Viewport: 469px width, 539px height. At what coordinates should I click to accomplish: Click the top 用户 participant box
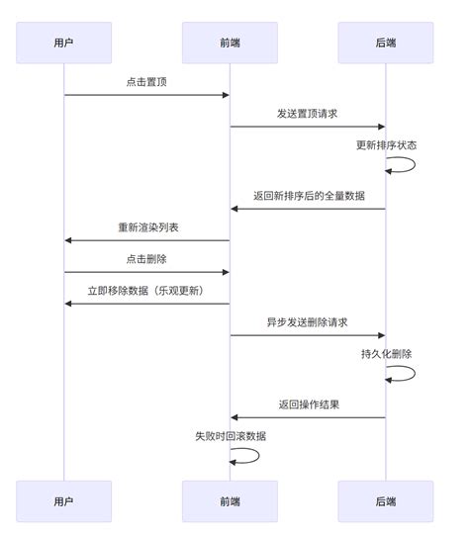tap(64, 43)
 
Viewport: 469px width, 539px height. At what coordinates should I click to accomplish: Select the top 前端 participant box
tap(230, 43)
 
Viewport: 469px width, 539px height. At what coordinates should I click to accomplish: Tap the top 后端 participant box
tap(386, 43)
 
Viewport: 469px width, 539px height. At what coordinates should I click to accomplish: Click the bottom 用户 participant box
tap(64, 501)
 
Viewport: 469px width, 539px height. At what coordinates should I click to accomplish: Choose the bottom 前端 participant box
tap(230, 501)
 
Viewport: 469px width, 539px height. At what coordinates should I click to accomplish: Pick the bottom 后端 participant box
tap(386, 501)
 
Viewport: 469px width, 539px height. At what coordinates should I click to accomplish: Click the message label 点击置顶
tap(146, 82)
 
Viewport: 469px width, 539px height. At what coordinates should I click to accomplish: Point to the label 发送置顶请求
tap(307, 114)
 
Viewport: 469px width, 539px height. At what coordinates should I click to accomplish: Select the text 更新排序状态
tap(386, 145)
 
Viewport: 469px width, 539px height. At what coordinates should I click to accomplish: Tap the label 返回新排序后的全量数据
tap(307, 196)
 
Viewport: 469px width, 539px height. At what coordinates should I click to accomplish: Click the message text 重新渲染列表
tap(146, 227)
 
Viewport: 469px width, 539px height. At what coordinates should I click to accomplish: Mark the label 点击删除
tap(146, 259)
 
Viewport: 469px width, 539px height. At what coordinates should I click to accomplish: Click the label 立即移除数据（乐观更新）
tap(146, 291)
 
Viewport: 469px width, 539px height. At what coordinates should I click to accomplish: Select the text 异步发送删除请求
tap(307, 322)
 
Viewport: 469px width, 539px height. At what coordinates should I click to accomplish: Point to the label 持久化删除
tap(386, 354)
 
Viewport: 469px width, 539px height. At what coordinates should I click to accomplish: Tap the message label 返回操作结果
tap(307, 404)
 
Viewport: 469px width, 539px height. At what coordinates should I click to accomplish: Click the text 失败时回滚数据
tap(230, 436)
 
